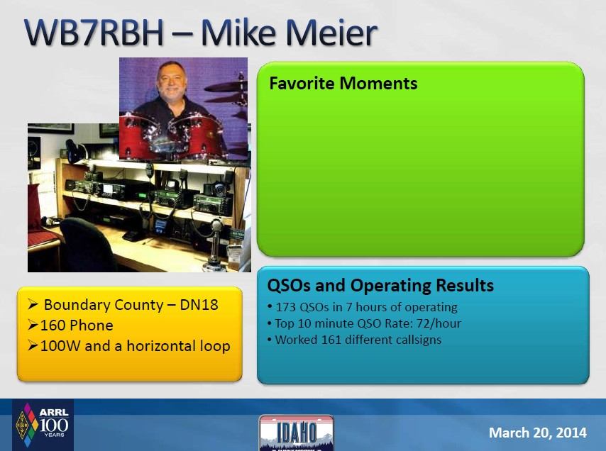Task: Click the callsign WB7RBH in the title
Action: [x=94, y=33]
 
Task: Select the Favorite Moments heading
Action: [x=343, y=84]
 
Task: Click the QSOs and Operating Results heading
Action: [x=380, y=285]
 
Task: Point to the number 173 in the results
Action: [x=285, y=307]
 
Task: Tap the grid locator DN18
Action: [x=199, y=305]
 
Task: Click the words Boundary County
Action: [x=104, y=305]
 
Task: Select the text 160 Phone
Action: [x=77, y=325]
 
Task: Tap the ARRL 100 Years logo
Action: [x=43, y=425]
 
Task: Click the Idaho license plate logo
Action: [x=297, y=433]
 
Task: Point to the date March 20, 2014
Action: [x=538, y=433]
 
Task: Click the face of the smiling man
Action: [x=172, y=79]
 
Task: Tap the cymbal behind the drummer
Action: [x=226, y=87]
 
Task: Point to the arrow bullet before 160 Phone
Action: [x=33, y=325]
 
